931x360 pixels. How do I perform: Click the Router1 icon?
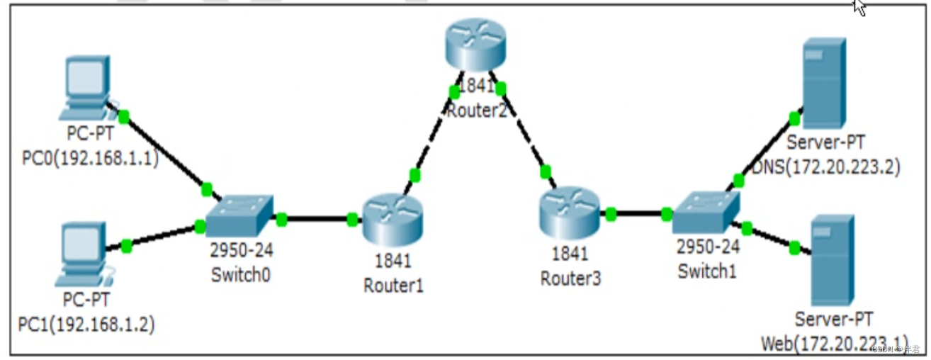[392, 216]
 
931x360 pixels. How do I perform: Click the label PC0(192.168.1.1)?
[91, 157]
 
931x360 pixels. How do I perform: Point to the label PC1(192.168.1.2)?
[87, 325]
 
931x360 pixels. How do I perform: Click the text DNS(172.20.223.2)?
[826, 167]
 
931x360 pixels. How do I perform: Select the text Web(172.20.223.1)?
[833, 344]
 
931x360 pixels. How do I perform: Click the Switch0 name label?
[241, 274]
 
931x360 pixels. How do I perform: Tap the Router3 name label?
[570, 279]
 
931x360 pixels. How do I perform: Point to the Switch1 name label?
[706, 271]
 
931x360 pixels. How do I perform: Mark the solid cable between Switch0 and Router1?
[317, 219]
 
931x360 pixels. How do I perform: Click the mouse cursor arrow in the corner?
[858, 8]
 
